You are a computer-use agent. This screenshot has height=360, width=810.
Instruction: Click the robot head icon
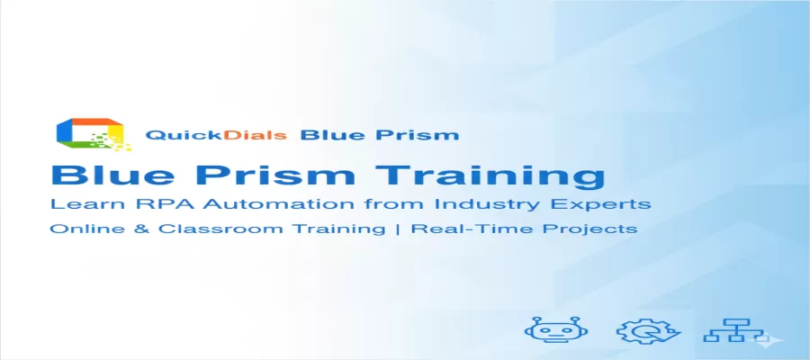(548, 331)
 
